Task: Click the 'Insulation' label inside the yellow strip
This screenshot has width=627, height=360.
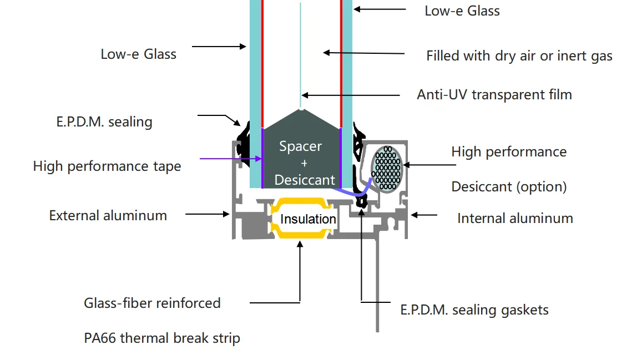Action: [x=308, y=219]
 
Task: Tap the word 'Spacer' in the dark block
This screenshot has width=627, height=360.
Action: [x=300, y=146]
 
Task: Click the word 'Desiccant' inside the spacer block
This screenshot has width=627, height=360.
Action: [x=305, y=180]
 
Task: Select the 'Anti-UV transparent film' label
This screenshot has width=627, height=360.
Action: [x=494, y=94]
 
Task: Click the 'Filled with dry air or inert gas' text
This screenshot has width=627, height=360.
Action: [x=519, y=56]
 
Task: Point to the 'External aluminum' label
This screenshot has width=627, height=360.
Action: [x=108, y=215]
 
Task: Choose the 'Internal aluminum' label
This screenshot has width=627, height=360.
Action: [x=514, y=218]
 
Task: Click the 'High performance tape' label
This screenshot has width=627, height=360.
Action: [x=107, y=166]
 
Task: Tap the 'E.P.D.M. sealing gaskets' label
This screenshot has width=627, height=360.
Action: [x=474, y=310]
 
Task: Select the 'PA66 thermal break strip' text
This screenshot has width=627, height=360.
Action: [x=161, y=337]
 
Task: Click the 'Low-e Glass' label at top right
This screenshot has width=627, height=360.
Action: [x=462, y=11]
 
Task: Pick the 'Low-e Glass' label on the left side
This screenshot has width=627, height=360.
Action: [x=138, y=54]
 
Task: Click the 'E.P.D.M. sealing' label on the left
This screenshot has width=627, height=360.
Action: [x=100, y=121]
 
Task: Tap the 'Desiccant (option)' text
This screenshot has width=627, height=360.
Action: [x=508, y=186]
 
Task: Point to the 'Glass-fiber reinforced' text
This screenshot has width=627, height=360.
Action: [x=152, y=303]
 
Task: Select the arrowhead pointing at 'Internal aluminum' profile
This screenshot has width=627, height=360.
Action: [x=413, y=214]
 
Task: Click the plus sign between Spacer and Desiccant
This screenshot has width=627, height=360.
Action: [x=304, y=163]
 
